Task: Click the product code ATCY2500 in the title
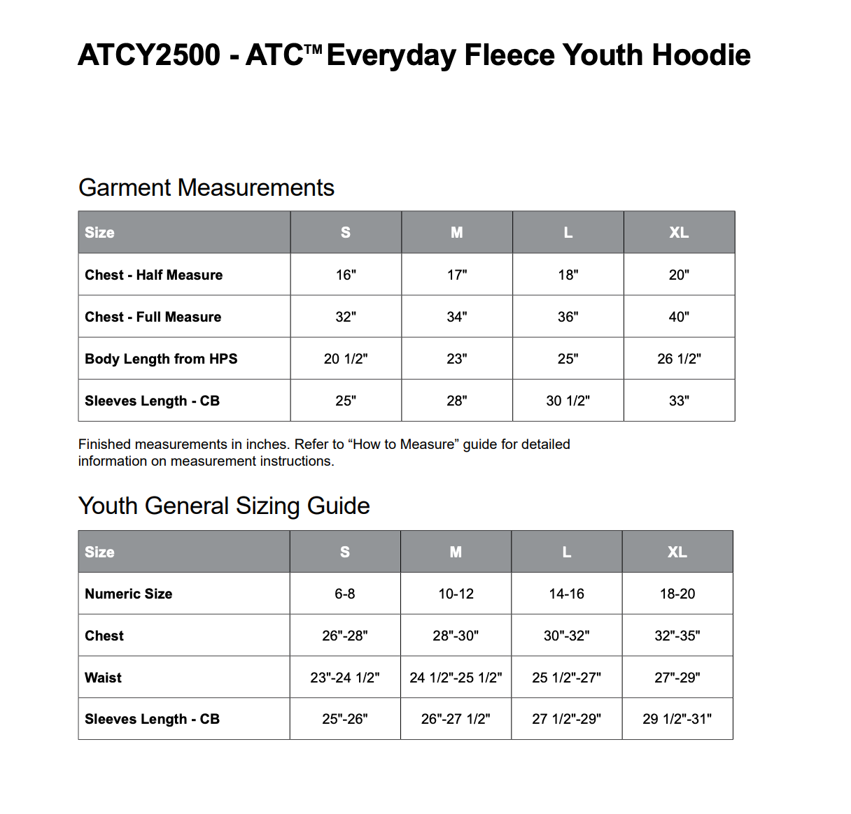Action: (x=149, y=55)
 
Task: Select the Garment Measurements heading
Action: (x=206, y=187)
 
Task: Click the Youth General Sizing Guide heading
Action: (x=224, y=506)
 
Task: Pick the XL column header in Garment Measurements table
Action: (x=679, y=233)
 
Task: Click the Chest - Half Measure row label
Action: (x=154, y=275)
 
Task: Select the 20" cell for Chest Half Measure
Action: (x=679, y=275)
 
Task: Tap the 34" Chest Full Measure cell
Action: (x=457, y=317)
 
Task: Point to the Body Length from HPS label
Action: (x=161, y=359)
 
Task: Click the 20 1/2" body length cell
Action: (x=346, y=359)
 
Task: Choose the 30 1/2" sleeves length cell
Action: (x=568, y=401)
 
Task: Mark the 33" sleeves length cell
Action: (x=679, y=401)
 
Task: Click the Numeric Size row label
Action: (x=129, y=594)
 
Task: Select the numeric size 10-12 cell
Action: (x=456, y=594)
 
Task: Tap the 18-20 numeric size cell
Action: (x=677, y=594)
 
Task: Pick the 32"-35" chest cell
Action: (x=677, y=636)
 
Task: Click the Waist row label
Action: (x=103, y=678)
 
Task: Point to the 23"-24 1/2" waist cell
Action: (x=345, y=678)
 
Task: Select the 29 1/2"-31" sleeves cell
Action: (x=677, y=719)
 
